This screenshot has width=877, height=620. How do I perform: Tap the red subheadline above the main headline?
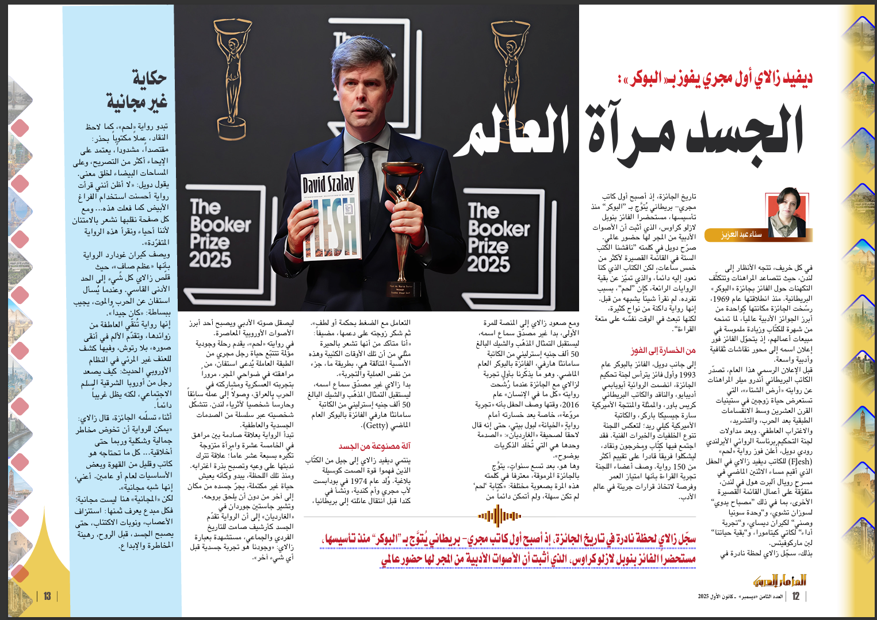(x=716, y=79)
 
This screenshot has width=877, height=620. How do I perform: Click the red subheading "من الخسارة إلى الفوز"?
(x=663, y=350)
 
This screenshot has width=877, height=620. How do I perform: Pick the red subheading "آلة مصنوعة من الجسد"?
(x=374, y=446)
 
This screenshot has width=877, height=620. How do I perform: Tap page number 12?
(x=796, y=596)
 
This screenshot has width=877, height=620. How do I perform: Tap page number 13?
(x=47, y=596)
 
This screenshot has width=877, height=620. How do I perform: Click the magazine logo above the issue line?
(x=780, y=580)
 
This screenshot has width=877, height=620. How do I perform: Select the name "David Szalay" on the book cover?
(x=328, y=184)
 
